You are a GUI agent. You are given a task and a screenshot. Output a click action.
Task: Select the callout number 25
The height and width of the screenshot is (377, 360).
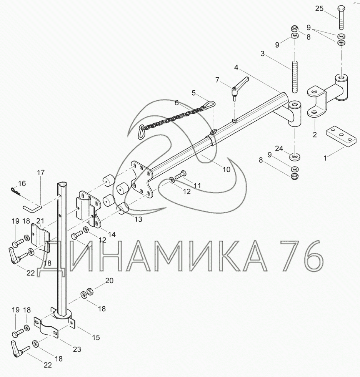[319, 9]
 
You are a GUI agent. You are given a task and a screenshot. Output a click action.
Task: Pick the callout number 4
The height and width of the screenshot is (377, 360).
[236, 68]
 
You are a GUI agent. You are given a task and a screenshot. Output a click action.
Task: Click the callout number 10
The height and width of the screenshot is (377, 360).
[226, 169]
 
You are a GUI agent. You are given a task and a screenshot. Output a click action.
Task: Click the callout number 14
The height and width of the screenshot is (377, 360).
[112, 234]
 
